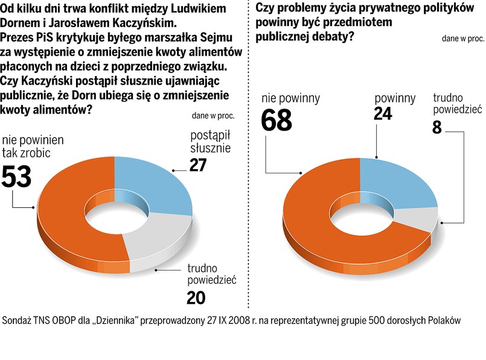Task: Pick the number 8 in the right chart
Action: pyautogui.click(x=440, y=127)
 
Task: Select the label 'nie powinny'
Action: pyautogui.click(x=290, y=98)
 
